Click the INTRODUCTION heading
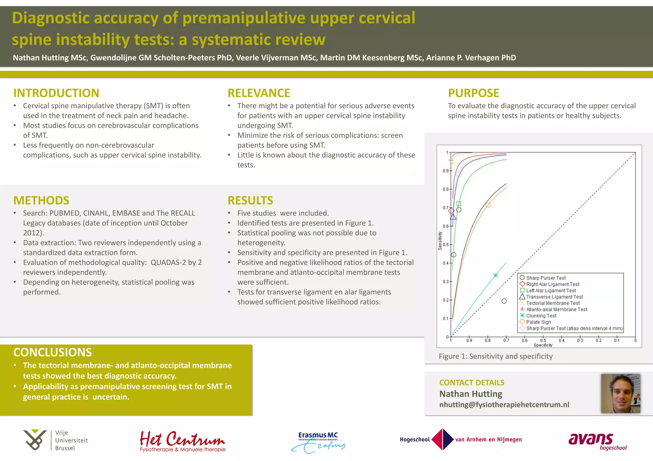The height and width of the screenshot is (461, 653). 56,93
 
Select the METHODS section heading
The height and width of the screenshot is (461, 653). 41,201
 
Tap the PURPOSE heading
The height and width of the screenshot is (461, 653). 473,93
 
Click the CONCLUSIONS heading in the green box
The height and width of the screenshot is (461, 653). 52,352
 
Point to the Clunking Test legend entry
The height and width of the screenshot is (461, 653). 541,316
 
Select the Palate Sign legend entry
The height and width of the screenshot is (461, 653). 538,322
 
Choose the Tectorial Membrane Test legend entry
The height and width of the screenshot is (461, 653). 553,303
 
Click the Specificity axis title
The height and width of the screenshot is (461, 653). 543,345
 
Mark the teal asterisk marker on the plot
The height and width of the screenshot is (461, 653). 495,275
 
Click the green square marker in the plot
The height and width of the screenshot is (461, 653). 459,203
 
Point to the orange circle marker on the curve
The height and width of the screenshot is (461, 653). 488,205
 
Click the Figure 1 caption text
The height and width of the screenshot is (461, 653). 495,356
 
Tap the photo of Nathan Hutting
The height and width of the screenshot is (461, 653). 620,393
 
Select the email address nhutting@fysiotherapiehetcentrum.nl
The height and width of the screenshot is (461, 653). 504,405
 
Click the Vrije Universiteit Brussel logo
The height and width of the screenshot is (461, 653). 55,440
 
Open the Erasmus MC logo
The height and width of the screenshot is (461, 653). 318,441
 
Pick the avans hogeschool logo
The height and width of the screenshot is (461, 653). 597,441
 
